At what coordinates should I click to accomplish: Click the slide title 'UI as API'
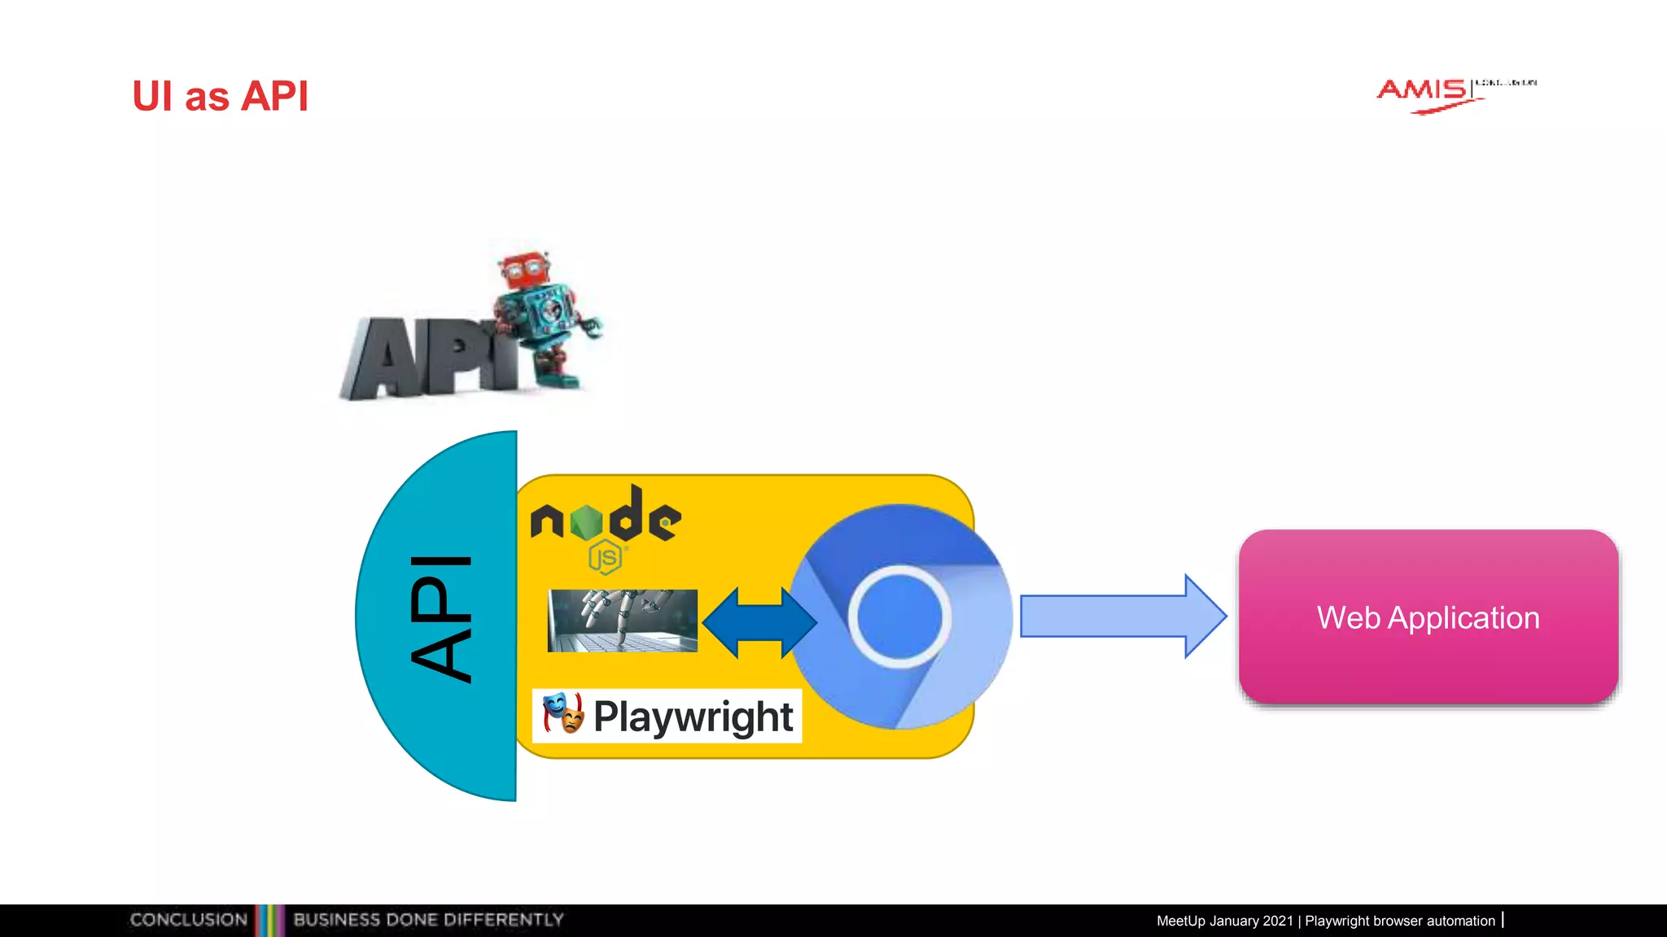click(x=220, y=97)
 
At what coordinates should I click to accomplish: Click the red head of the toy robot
click(x=523, y=271)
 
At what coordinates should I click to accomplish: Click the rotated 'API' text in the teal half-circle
click(x=441, y=618)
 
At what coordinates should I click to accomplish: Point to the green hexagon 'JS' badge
click(x=606, y=558)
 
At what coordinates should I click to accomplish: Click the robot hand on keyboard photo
click(x=623, y=620)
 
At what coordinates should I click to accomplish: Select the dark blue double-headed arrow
click(x=759, y=622)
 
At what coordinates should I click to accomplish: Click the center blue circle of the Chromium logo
click(x=899, y=616)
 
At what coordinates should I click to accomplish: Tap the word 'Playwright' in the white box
click(x=693, y=717)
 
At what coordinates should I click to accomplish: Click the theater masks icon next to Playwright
click(x=563, y=713)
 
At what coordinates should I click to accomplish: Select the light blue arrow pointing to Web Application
click(x=1122, y=616)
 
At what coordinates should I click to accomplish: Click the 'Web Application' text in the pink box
click(x=1428, y=617)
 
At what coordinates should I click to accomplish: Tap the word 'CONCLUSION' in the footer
click(x=189, y=920)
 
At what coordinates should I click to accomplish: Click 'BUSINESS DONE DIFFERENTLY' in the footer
click(x=428, y=920)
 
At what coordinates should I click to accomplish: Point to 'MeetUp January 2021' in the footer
click(x=1224, y=921)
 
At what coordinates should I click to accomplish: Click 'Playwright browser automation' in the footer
click(x=1400, y=921)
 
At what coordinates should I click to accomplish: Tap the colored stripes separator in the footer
click(x=270, y=920)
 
